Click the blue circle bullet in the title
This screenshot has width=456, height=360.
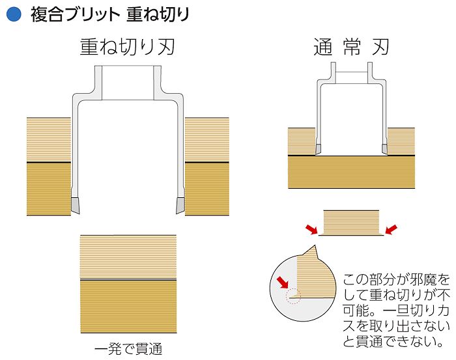(x=14, y=14)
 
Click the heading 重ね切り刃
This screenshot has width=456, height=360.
(x=128, y=47)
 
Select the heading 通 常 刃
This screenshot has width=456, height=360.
(x=351, y=47)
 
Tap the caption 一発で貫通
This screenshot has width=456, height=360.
(x=128, y=349)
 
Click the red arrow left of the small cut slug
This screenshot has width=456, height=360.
(x=311, y=229)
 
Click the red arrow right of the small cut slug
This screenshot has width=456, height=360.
(x=391, y=229)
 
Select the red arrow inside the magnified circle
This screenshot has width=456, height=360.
(x=282, y=282)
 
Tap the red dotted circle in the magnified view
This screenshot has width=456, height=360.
(x=293, y=296)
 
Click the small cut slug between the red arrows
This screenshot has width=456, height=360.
(x=351, y=223)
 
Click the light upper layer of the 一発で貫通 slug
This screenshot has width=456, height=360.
(x=128, y=257)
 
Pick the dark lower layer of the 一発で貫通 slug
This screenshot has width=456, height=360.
(x=128, y=306)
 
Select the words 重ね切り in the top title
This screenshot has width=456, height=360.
(x=158, y=14)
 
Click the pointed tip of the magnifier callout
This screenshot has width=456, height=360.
(x=315, y=245)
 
